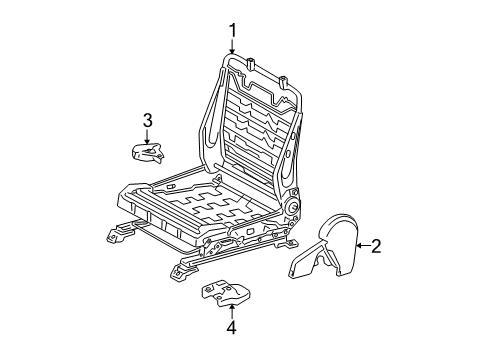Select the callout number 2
tap(376, 246)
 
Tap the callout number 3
tap(147, 120)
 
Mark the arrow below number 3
tap(147, 137)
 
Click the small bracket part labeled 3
tap(148, 152)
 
